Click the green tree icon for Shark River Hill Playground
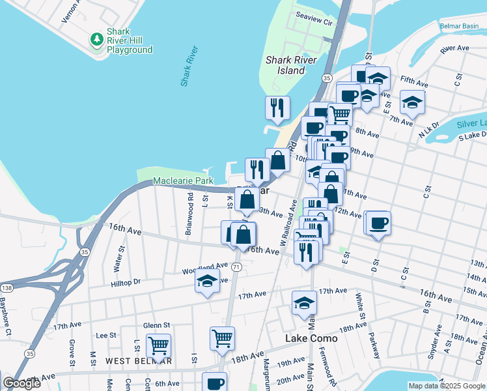(97, 40)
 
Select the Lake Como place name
(312, 339)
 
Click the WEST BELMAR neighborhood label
(139, 361)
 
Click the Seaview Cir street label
(314, 22)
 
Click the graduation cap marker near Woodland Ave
(208, 282)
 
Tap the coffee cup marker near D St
(378, 224)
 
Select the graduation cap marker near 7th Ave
(412, 102)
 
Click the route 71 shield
(237, 267)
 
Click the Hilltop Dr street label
(126, 282)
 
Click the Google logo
(21, 383)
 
